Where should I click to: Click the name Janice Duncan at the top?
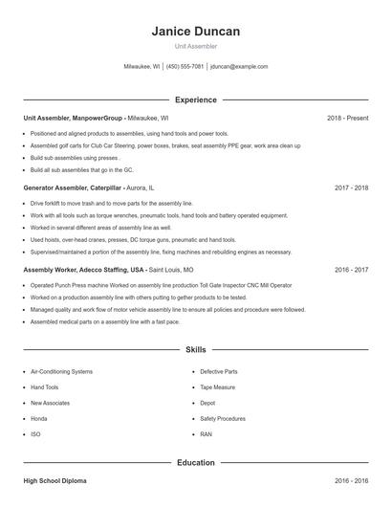(x=196, y=31)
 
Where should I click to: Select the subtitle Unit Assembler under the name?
(x=196, y=45)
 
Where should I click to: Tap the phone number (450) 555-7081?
(x=185, y=67)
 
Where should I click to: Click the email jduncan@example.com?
(x=239, y=67)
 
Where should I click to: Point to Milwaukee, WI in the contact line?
(x=142, y=67)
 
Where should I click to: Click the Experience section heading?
(x=196, y=99)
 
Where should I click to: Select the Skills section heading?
(x=196, y=350)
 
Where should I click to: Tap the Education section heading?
(x=196, y=462)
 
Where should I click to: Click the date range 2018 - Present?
(x=347, y=118)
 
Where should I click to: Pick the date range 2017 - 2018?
(x=351, y=188)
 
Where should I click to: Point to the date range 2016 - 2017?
(x=351, y=271)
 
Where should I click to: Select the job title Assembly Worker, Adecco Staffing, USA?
(x=85, y=271)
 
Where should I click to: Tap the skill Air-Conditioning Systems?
(x=61, y=371)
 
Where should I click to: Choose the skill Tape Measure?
(x=219, y=387)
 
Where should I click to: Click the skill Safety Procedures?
(x=223, y=419)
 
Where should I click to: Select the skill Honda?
(x=39, y=419)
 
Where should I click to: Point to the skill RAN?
(x=206, y=434)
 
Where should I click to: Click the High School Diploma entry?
(x=55, y=480)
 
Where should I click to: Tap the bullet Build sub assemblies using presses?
(x=75, y=157)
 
